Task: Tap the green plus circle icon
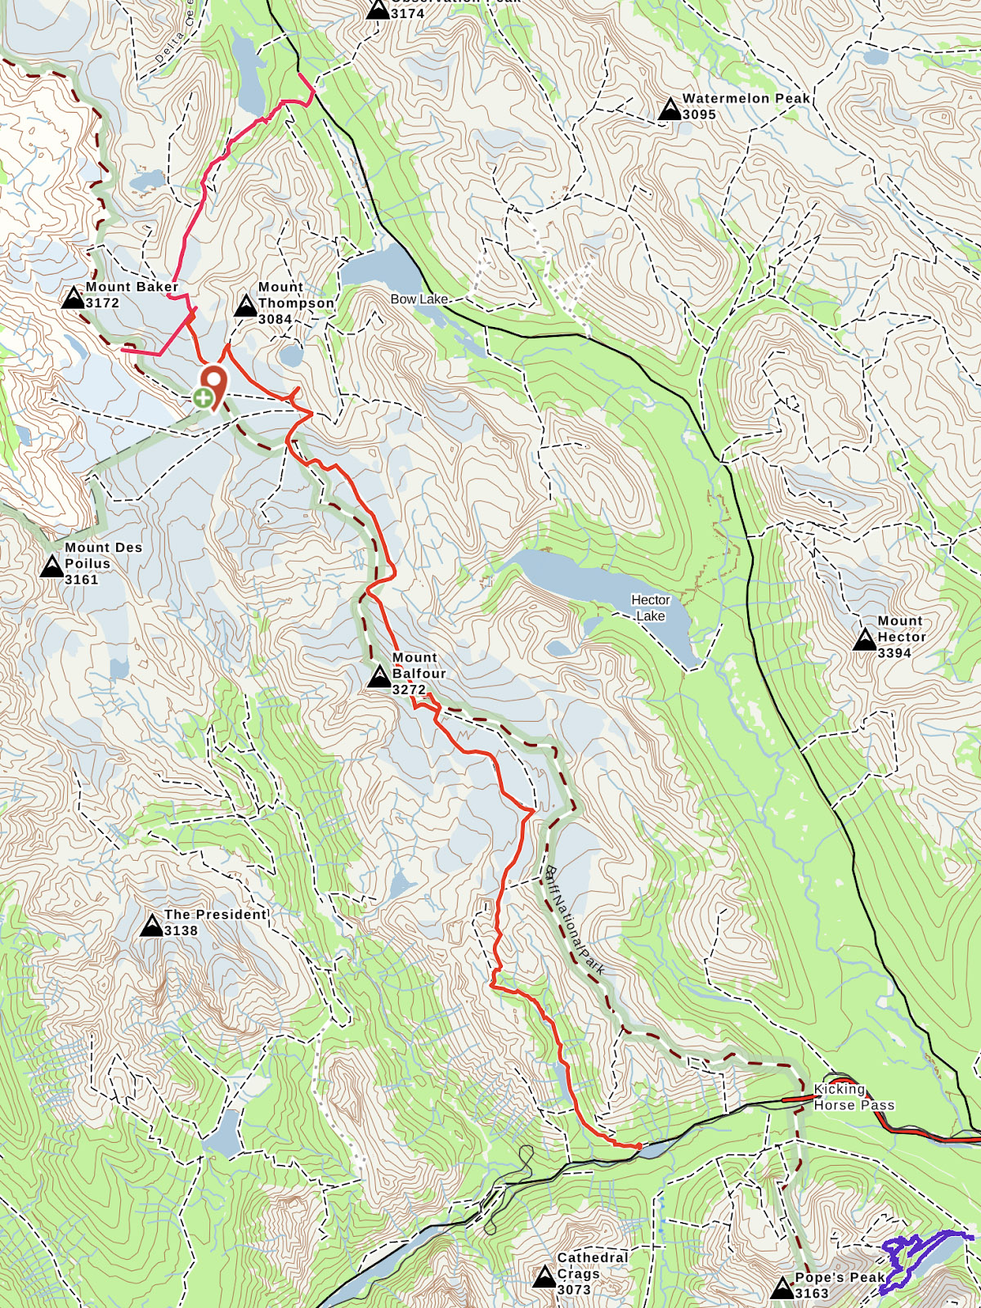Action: (x=202, y=399)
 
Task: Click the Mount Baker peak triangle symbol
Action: (x=74, y=297)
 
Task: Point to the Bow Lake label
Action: (x=419, y=299)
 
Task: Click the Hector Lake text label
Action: (x=651, y=607)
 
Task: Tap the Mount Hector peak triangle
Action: (x=865, y=639)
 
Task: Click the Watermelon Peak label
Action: (x=746, y=98)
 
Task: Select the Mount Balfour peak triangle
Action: (x=379, y=677)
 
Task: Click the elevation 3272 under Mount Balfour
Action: (x=409, y=689)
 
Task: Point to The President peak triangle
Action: (x=151, y=925)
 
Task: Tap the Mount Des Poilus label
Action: (x=103, y=555)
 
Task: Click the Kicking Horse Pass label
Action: (x=853, y=1097)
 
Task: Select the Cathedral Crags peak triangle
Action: (x=544, y=1276)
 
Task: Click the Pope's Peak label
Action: (x=840, y=1277)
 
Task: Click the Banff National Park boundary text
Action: (x=574, y=920)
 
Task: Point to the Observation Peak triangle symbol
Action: (x=378, y=10)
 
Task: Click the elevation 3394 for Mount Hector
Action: (x=894, y=652)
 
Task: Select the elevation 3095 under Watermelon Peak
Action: (x=699, y=114)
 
